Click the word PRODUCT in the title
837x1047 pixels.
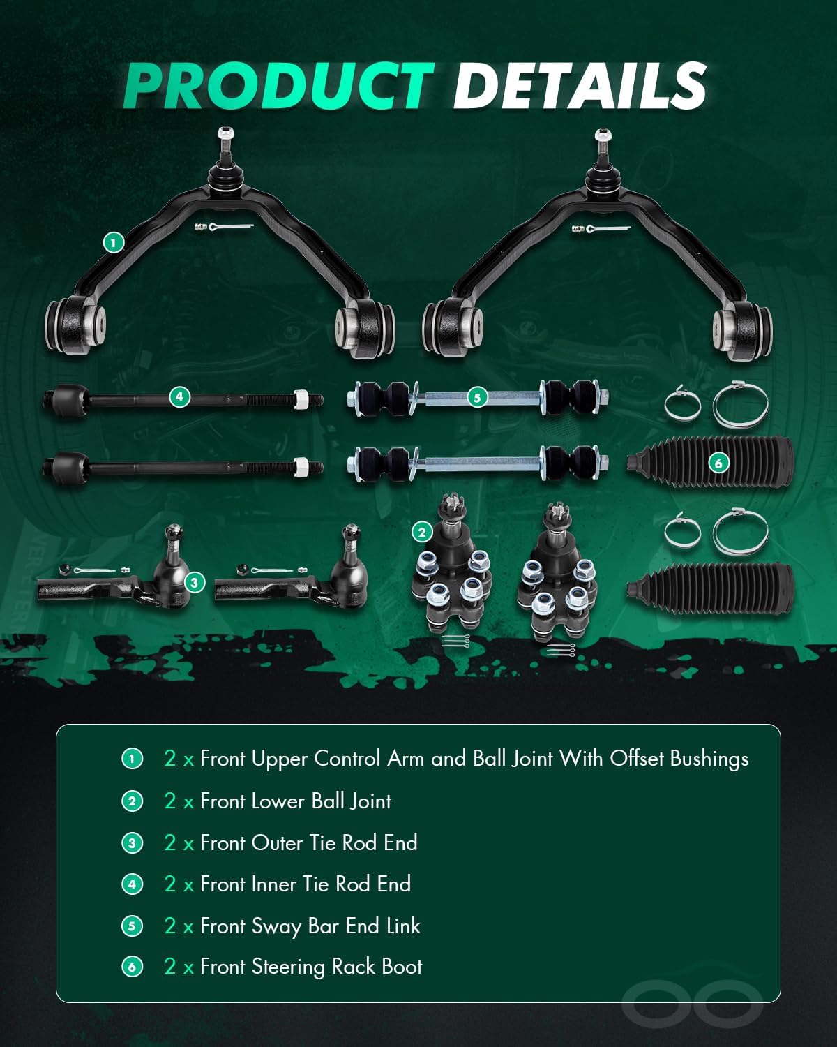pyautogui.click(x=278, y=86)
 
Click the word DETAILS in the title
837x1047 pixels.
pyautogui.click(x=580, y=86)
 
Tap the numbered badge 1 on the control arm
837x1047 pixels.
pyautogui.click(x=114, y=242)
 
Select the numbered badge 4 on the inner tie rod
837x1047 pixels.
pyautogui.click(x=179, y=396)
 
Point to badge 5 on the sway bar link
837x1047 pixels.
pyautogui.click(x=477, y=397)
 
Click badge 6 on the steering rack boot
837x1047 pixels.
pyautogui.click(x=718, y=463)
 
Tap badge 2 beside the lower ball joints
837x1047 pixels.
pyautogui.click(x=422, y=533)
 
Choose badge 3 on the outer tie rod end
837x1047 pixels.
pyautogui.click(x=195, y=582)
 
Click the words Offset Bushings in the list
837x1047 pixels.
pyautogui.click(x=679, y=759)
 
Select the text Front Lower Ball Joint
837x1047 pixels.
pyautogui.click(x=296, y=801)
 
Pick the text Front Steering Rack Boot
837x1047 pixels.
pyautogui.click(x=311, y=967)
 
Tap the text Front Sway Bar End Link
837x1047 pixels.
pyautogui.click(x=310, y=926)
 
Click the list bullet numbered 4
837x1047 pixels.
pyautogui.click(x=133, y=884)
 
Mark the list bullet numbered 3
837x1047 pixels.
pyautogui.click(x=133, y=843)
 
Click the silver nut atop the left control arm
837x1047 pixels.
pyautogui.click(x=226, y=133)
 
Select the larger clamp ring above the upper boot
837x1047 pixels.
pyautogui.click(x=741, y=404)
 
